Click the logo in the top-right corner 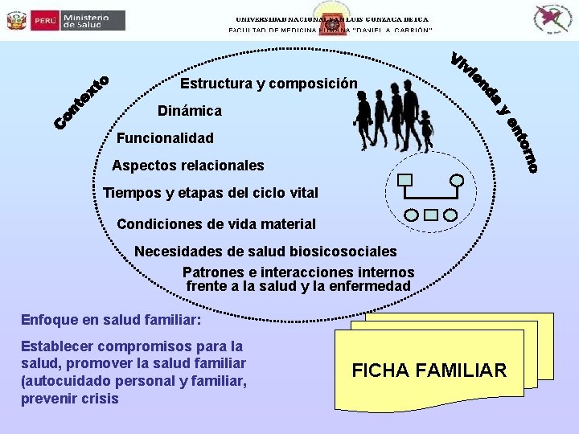point(554,18)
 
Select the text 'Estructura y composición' point(269,84)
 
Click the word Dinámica point(190,111)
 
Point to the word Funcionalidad point(165,138)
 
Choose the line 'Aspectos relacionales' point(188,166)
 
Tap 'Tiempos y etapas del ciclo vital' point(211,193)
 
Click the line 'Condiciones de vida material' point(216,224)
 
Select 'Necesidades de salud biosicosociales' point(265,252)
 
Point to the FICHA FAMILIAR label point(429,371)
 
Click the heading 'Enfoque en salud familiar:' point(110,320)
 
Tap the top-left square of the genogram point(405,180)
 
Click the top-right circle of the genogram point(457,180)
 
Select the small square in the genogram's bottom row point(430,215)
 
